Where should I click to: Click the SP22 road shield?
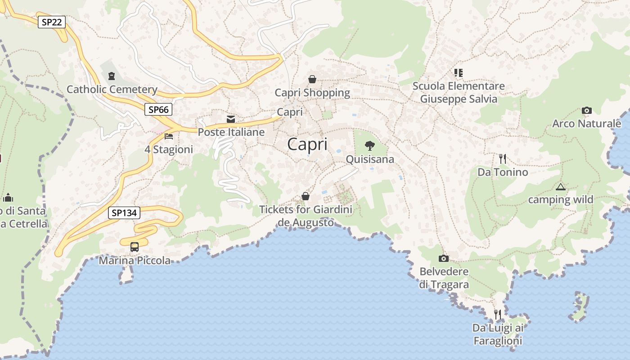[x=52, y=22]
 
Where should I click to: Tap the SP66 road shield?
[x=158, y=109]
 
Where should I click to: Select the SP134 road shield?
[x=124, y=213]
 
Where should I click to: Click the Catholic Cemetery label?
[x=112, y=90]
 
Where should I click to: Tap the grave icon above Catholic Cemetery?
[x=111, y=76]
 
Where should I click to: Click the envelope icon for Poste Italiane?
[x=231, y=119]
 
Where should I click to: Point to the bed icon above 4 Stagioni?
[x=169, y=136]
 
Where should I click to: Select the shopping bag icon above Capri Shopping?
[x=312, y=79]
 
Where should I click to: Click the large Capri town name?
[x=307, y=144]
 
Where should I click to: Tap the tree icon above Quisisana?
[x=370, y=145]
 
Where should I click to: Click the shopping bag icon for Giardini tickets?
[x=306, y=196]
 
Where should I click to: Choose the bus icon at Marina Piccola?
[x=135, y=247]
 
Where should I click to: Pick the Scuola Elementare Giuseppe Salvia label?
[x=459, y=92]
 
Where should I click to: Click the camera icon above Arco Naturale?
[x=586, y=110]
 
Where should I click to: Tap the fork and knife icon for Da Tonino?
[x=503, y=158]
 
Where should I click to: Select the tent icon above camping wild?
[x=560, y=187]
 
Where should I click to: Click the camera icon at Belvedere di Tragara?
[x=444, y=258]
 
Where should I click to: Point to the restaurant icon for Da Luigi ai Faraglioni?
[x=498, y=314]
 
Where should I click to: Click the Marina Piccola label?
[x=135, y=261]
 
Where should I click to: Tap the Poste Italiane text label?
[x=231, y=132]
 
